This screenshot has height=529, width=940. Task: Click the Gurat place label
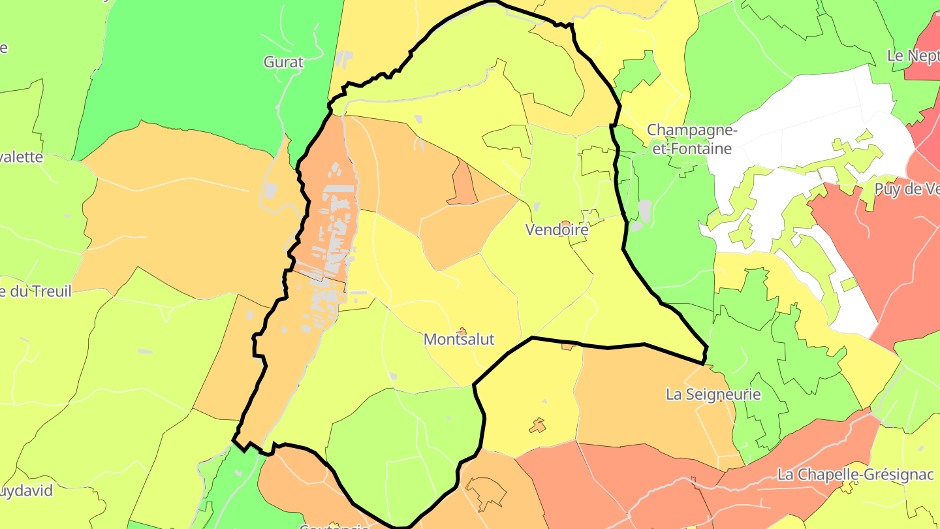click(x=284, y=62)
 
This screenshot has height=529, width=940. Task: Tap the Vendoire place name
click(x=557, y=230)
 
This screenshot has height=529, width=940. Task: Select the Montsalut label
click(x=459, y=340)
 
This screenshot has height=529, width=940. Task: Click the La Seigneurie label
click(x=713, y=394)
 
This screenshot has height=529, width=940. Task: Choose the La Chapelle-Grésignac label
click(x=856, y=475)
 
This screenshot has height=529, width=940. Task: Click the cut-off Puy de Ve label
click(x=908, y=189)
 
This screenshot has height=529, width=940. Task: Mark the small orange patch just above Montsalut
click(x=462, y=331)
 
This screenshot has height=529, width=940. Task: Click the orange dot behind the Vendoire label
click(x=566, y=224)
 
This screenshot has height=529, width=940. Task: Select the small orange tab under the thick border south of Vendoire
click(x=567, y=347)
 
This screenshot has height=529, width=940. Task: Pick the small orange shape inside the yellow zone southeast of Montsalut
click(x=537, y=426)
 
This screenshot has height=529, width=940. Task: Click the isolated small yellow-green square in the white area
click(x=848, y=284)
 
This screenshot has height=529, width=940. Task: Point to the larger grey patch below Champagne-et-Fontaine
click(x=644, y=212)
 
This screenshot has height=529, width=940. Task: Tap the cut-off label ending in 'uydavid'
click(x=26, y=491)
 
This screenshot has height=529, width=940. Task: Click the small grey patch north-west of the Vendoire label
click(x=537, y=206)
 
